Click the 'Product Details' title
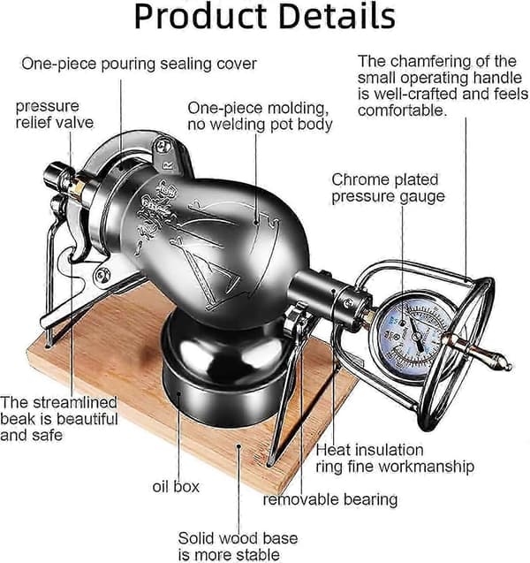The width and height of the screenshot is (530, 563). (x=265, y=17)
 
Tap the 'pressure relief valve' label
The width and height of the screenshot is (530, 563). (x=55, y=114)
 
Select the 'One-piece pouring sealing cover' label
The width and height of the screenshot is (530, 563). (x=139, y=64)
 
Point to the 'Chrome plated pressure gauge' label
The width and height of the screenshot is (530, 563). (x=388, y=188)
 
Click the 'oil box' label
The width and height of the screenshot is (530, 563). (x=176, y=487)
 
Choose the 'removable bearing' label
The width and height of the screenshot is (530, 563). (x=330, y=499)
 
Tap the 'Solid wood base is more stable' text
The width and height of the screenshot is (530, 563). (x=238, y=546)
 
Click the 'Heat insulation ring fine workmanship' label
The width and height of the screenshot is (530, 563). (x=395, y=458)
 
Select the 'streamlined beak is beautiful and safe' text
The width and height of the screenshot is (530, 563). (x=59, y=419)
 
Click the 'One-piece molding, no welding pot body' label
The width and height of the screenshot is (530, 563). (x=260, y=116)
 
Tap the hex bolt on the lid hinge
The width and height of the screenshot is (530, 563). (x=162, y=146)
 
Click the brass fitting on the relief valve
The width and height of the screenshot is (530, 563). (x=78, y=188)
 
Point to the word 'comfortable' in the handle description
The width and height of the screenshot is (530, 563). (x=402, y=110)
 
